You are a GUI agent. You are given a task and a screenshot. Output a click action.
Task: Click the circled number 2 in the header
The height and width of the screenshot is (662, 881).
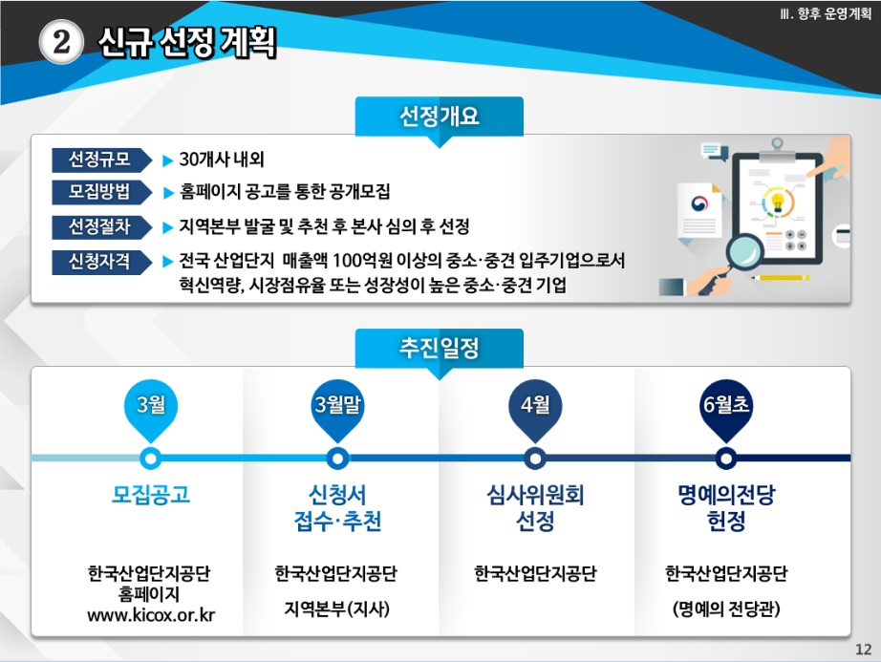tap(61, 41)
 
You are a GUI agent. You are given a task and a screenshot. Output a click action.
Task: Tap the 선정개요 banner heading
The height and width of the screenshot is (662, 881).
tap(439, 117)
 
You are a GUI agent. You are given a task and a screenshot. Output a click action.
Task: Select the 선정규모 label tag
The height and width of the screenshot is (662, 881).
tap(101, 160)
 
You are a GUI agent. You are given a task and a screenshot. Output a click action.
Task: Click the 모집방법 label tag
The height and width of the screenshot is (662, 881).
tap(101, 192)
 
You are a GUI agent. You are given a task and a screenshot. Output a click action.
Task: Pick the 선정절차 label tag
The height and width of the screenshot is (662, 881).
tap(101, 226)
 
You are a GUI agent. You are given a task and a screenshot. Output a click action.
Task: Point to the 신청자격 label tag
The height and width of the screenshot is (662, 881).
tap(101, 262)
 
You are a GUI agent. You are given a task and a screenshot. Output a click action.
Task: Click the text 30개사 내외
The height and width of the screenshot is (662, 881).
tap(222, 160)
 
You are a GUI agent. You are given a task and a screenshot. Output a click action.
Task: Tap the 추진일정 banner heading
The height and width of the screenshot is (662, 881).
tap(439, 348)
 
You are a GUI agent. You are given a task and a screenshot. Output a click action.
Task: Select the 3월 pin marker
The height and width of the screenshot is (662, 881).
tap(151, 411)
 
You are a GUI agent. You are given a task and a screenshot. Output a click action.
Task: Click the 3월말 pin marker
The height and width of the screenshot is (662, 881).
tap(337, 411)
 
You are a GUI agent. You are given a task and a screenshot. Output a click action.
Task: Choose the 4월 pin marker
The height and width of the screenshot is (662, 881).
tap(535, 411)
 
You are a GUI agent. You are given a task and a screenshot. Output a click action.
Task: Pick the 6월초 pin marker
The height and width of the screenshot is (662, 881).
tap(726, 411)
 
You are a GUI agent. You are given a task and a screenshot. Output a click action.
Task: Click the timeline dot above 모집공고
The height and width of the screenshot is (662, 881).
tap(151, 459)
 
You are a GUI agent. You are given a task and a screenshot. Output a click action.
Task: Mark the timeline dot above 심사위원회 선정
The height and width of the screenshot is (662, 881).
tap(535, 459)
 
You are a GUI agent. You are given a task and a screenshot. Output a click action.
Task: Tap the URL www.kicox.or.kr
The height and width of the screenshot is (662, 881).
tap(151, 615)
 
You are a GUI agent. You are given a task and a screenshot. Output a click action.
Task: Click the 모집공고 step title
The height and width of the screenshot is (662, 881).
tap(151, 495)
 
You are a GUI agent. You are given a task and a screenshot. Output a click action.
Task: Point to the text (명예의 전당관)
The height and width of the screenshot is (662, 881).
tap(726, 609)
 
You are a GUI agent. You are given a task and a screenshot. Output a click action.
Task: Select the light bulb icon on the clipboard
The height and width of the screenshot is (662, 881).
tap(778, 202)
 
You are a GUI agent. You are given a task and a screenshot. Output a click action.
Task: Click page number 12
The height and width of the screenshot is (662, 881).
tap(863, 650)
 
